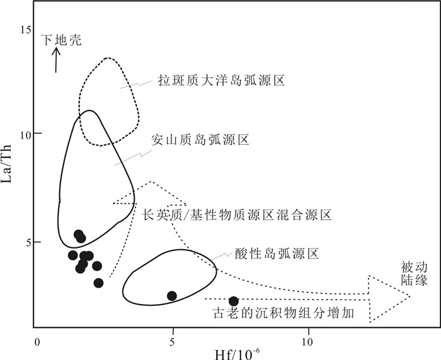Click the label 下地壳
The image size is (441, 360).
point(62,40)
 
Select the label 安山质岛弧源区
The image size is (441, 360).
point(200,140)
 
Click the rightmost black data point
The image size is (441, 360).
point(234,301)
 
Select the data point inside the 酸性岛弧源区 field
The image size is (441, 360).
point(172,295)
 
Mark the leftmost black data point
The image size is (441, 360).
point(73,255)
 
